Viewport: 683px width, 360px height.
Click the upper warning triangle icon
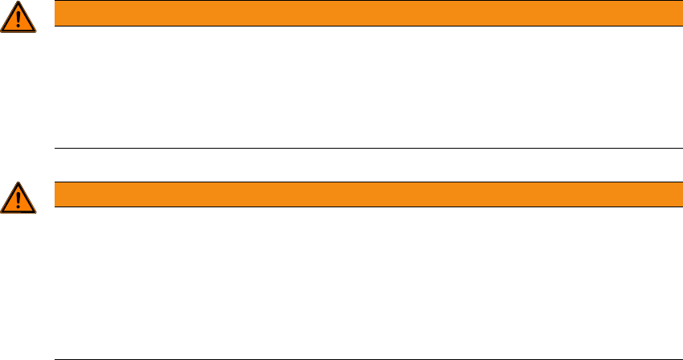[18, 18]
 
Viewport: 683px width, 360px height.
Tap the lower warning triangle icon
[18, 197]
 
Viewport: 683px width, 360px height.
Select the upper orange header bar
[362, 14]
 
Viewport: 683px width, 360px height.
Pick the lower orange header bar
[362, 194]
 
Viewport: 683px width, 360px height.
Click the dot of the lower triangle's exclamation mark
[18, 205]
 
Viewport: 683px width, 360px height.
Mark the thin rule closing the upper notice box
[362, 148]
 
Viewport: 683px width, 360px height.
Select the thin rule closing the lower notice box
[362, 358]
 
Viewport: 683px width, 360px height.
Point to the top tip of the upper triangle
[18, 3]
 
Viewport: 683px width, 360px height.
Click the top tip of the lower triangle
[18, 182]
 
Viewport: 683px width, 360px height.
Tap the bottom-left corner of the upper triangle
[2, 31]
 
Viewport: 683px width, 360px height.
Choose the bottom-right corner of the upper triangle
[35, 31]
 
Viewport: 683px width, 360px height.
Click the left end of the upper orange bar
[55, 14]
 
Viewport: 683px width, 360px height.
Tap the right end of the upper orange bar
[671, 14]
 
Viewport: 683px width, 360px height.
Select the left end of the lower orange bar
[55, 194]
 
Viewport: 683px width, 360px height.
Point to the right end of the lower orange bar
[671, 194]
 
